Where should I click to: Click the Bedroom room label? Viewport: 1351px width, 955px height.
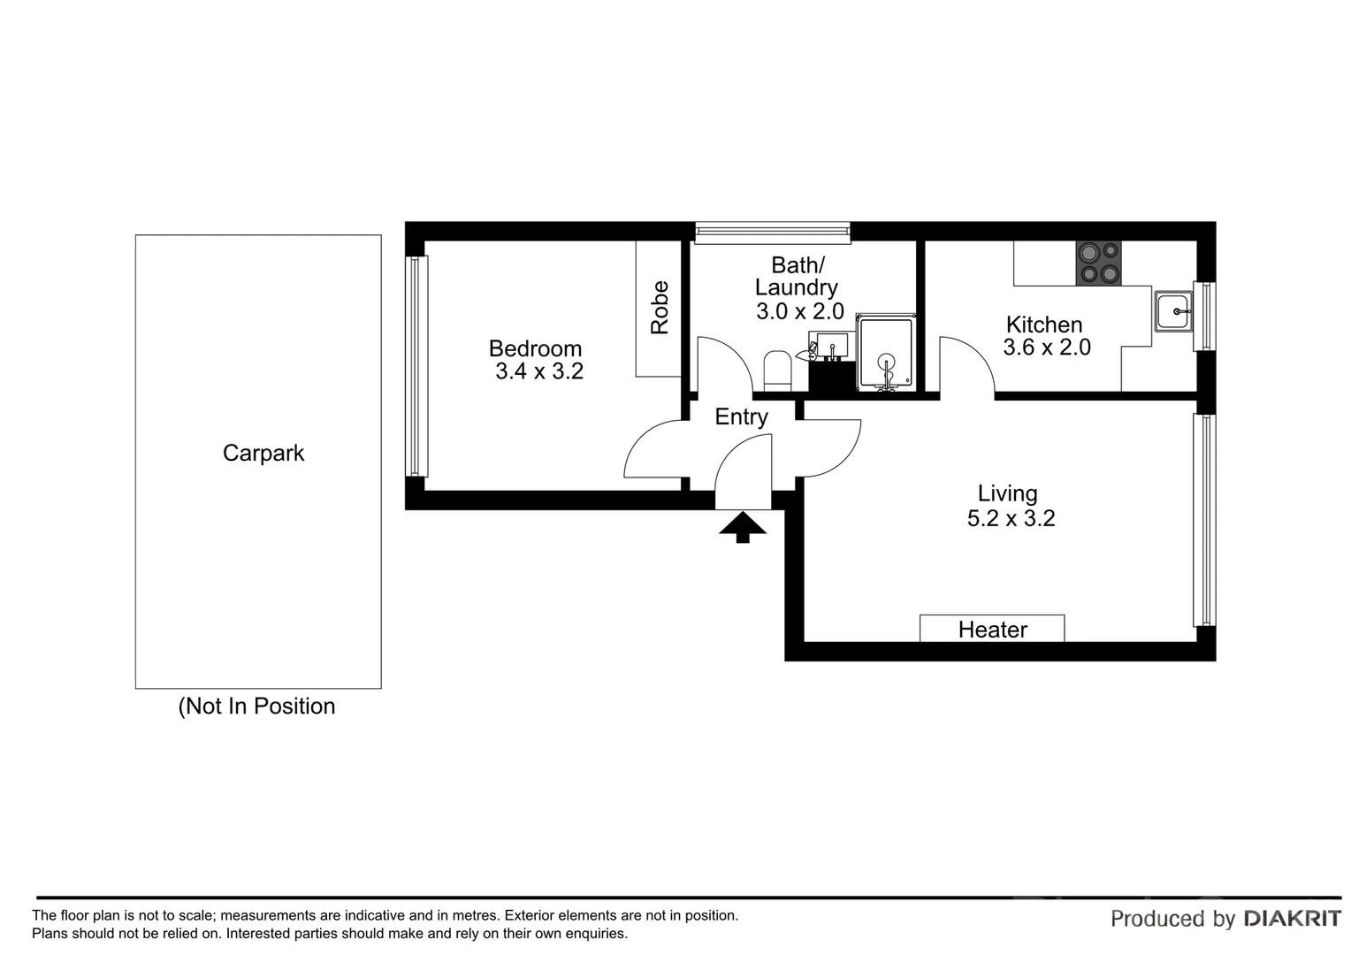(535, 348)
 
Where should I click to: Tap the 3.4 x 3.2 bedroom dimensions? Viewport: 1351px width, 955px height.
(539, 371)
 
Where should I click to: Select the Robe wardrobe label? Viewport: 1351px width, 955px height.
(660, 308)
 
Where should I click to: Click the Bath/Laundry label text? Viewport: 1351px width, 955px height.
(797, 276)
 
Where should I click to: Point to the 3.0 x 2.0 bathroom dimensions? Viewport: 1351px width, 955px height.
(799, 311)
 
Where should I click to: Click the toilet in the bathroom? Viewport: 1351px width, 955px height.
(777, 371)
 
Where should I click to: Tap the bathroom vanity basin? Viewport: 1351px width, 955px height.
(832, 346)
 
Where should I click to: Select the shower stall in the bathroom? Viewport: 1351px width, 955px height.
(886, 353)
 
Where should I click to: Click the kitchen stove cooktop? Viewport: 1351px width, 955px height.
(1098, 264)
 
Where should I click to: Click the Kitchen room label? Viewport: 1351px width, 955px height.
(1044, 325)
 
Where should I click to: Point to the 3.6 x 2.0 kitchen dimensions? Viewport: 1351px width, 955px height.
(1047, 348)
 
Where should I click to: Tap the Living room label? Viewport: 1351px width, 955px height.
(1007, 493)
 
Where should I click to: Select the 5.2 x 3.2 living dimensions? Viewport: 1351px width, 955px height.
(1011, 518)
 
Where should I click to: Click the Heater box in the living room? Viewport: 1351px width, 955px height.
(992, 629)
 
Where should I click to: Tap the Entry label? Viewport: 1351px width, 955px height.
(741, 416)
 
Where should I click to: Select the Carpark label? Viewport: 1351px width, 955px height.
(263, 453)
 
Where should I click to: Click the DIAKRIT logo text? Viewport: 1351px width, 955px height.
(1292, 919)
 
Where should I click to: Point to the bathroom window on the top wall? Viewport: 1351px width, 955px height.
(772, 233)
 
